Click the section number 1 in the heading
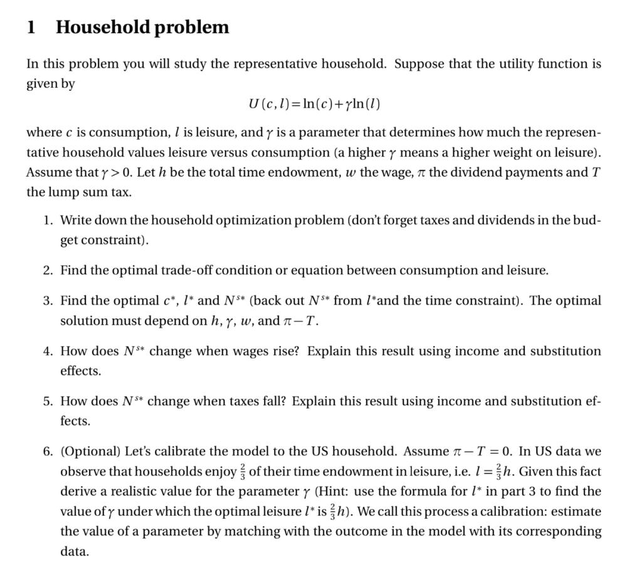pos(31,28)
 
